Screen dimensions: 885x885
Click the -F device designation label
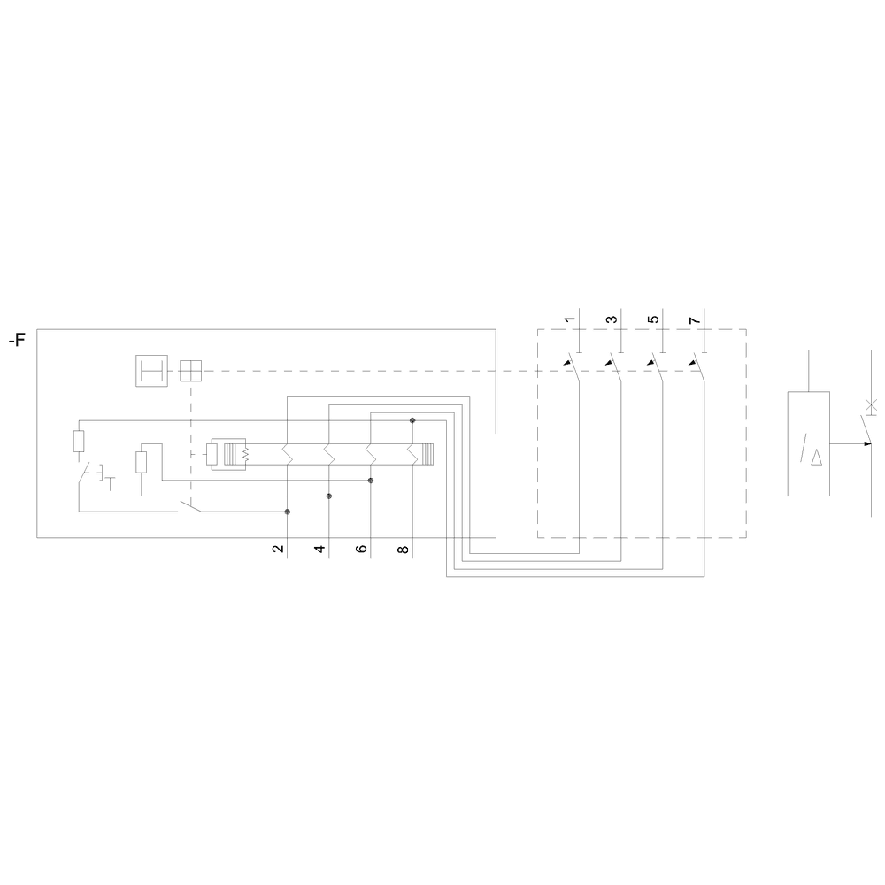[17, 341]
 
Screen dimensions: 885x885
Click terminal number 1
[570, 320]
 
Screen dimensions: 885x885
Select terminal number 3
[612, 320]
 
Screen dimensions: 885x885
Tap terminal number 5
[653, 320]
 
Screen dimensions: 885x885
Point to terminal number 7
[695, 320]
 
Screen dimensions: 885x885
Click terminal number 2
[278, 549]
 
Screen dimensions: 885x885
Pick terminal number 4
[320, 549]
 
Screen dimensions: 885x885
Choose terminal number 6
[362, 549]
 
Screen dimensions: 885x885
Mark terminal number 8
[403, 549]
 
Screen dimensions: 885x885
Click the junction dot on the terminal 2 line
[288, 512]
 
